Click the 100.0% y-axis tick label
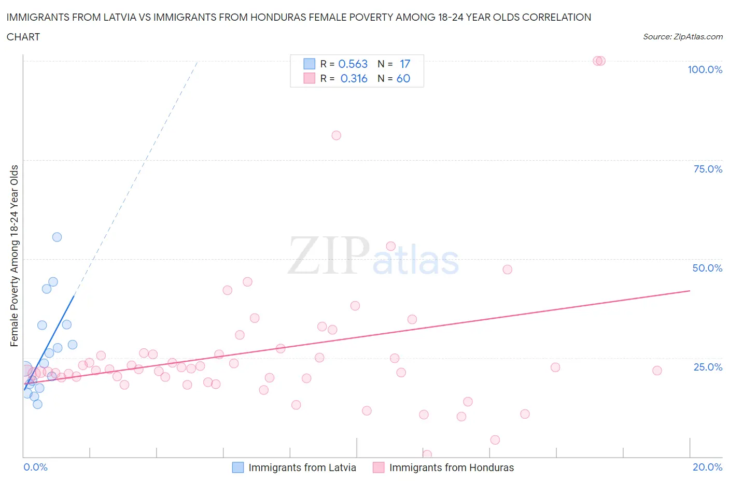pos(705,69)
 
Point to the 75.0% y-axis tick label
pos(707,169)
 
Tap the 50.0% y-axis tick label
pos(707,268)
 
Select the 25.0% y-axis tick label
pos(707,367)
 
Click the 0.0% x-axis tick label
pos(35,467)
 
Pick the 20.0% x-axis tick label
pos(707,467)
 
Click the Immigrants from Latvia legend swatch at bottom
pos(237,467)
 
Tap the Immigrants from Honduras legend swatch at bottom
pos(378,467)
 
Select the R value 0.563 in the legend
pos(353,64)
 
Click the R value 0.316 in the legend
pos(354,78)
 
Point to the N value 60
pos(403,78)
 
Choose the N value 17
pos(404,64)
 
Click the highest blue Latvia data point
pos(57,237)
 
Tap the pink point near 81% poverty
pos(336,135)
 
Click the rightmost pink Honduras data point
pos(657,371)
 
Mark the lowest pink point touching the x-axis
pos(427,455)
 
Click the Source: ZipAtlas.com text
pos(682,37)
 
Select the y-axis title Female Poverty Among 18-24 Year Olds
pos(15,256)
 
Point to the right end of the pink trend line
pos(690,291)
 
